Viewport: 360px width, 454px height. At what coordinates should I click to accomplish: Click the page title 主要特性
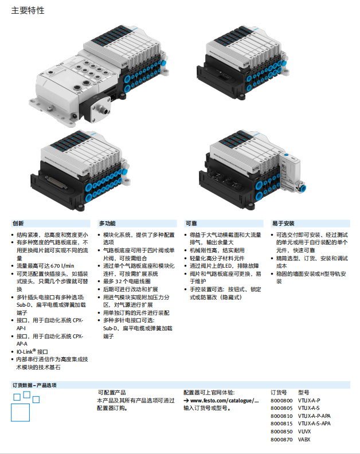(28, 10)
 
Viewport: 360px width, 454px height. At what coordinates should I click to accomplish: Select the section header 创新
(18, 223)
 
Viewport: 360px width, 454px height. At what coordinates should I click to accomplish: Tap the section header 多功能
(107, 223)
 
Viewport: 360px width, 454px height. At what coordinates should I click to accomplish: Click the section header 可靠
(191, 223)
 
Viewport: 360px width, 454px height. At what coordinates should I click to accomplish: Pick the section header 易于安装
(283, 223)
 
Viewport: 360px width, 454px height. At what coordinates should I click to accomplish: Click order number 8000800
(281, 401)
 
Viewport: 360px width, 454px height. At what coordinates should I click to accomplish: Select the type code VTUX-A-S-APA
(314, 424)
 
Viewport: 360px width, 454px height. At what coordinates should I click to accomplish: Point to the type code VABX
(304, 439)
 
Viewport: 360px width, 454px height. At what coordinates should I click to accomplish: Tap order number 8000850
(281, 432)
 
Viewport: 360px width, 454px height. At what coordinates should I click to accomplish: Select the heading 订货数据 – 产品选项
(34, 385)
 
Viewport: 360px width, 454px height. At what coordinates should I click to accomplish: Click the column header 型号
(303, 392)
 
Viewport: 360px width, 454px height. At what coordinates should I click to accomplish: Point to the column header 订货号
(279, 392)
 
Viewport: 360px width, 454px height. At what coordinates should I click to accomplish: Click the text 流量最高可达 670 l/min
(45, 265)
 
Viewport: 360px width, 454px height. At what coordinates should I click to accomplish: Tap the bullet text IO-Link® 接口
(32, 351)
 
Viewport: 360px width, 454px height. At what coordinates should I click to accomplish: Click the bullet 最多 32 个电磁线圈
(127, 281)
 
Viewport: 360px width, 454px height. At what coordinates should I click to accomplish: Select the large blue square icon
(20, 412)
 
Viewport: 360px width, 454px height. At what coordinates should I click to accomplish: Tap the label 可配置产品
(112, 392)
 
